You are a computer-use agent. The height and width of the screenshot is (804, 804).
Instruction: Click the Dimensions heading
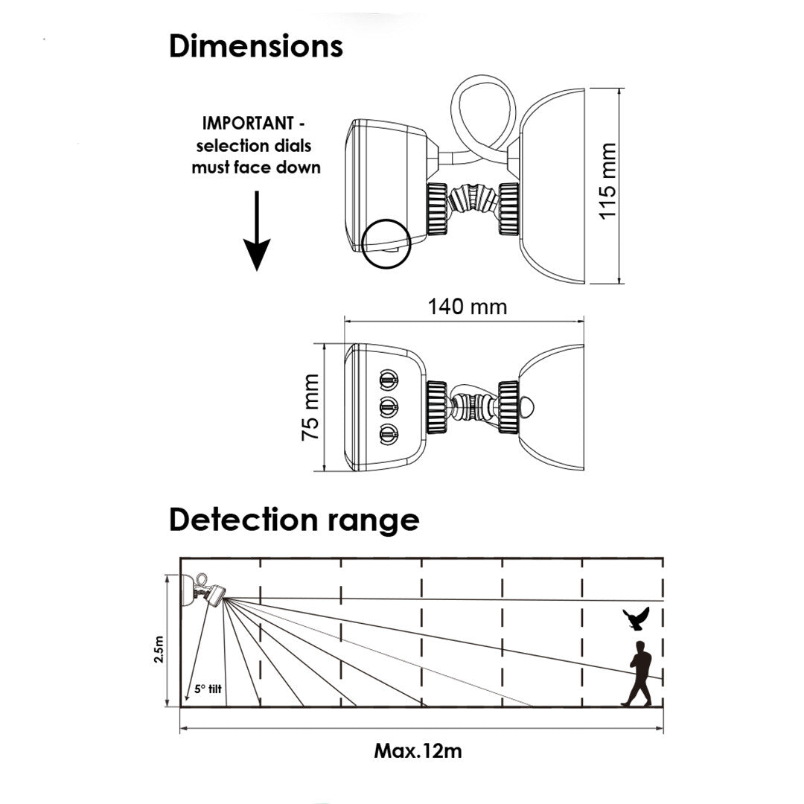click(255, 46)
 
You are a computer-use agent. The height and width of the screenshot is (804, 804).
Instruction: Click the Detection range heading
click(293, 520)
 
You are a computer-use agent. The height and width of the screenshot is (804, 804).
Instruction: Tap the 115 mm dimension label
click(608, 181)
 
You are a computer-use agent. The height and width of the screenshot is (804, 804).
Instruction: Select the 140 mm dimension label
click(467, 306)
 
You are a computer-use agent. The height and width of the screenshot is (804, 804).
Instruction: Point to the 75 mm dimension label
click(311, 407)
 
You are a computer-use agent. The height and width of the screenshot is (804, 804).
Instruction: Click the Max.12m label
click(418, 750)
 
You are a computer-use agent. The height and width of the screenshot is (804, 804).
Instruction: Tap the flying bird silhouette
click(636, 618)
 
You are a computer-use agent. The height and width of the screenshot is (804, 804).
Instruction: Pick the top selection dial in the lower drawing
click(387, 380)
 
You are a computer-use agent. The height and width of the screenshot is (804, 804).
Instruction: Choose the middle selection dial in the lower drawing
click(387, 406)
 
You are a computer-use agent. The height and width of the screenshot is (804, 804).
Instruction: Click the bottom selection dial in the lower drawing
click(387, 433)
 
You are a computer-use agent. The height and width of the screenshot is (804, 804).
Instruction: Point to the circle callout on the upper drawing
click(388, 243)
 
